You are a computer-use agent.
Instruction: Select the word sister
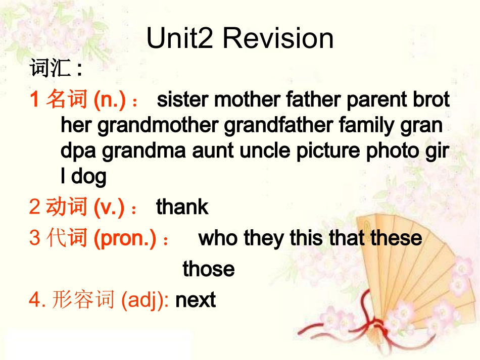click(x=183, y=100)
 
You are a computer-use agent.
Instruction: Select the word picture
click(x=328, y=151)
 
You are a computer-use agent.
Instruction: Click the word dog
click(x=89, y=176)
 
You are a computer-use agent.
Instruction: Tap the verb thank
click(x=182, y=207)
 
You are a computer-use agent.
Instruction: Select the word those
click(x=208, y=269)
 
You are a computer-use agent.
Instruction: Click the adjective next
click(x=195, y=300)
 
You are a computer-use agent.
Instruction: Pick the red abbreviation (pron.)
click(x=125, y=238)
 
